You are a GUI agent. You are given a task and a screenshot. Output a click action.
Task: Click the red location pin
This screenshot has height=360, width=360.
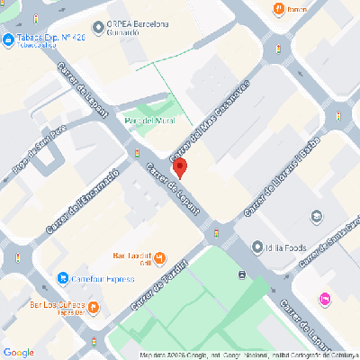pyautogui.click(x=178, y=167)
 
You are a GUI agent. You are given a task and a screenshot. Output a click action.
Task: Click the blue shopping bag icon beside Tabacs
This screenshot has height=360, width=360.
pyautogui.click(x=7, y=40)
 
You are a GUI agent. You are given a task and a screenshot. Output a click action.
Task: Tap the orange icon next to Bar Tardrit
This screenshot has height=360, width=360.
pyautogui.click(x=159, y=259)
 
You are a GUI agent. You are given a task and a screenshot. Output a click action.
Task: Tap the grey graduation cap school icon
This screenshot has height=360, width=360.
pyautogui.click(x=316, y=217)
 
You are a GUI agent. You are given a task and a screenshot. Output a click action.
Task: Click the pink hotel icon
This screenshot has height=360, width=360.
pyautogui.click(x=324, y=299)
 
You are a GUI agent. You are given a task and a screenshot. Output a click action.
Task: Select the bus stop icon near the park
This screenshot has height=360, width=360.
pyautogui.click(x=242, y=274)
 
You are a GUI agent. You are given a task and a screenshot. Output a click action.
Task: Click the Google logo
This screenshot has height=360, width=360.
pyautogui.click(x=18, y=352)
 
